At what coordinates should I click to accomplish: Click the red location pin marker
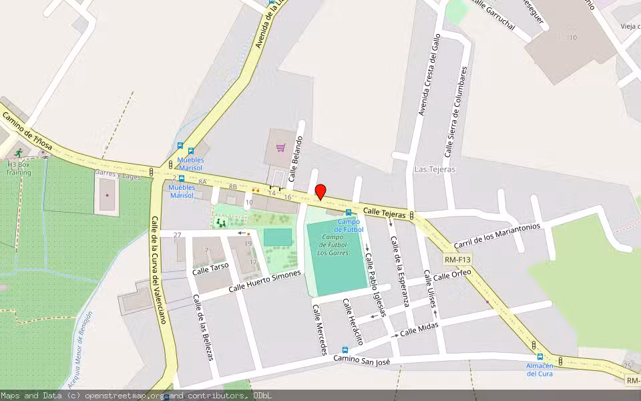pyautogui.click(x=320, y=192)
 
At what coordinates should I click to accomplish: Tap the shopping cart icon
pyautogui.click(x=281, y=148)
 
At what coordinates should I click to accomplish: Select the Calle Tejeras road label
pyautogui.click(x=385, y=213)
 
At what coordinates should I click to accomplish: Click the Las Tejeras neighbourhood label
pyautogui.click(x=435, y=169)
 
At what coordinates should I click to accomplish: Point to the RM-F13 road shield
pyautogui.click(x=457, y=259)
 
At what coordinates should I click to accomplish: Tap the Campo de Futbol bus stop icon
pyautogui.click(x=348, y=213)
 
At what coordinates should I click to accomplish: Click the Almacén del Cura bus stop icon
pyautogui.click(x=540, y=357)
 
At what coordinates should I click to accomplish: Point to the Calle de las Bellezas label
pyautogui.click(x=203, y=327)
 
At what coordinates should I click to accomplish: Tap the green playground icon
pyautogui.click(x=220, y=223)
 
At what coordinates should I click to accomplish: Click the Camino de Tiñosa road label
pyautogui.click(x=26, y=130)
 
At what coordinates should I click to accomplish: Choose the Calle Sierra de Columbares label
pyautogui.click(x=456, y=111)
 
